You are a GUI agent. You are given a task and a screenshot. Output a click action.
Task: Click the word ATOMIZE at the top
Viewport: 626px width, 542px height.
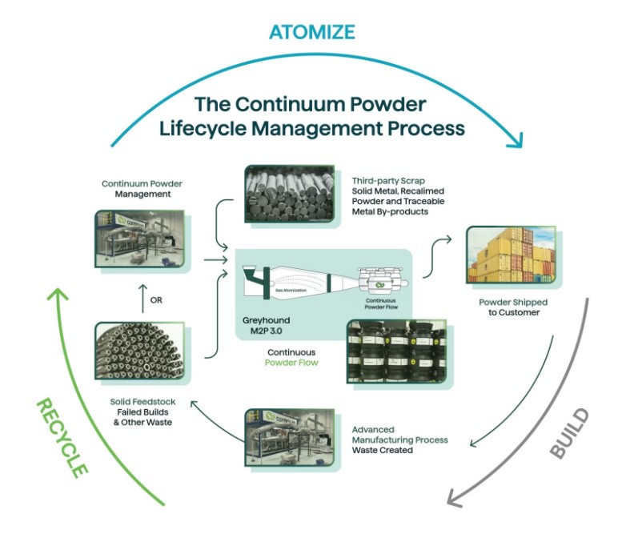[x=311, y=31]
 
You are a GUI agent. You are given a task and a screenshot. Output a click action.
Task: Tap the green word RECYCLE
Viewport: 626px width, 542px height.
[x=61, y=437]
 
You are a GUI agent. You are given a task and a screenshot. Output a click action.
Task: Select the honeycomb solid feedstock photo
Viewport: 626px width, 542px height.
[x=140, y=354]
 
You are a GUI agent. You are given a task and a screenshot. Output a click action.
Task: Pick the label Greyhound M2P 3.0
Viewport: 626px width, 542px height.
[x=263, y=327]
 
